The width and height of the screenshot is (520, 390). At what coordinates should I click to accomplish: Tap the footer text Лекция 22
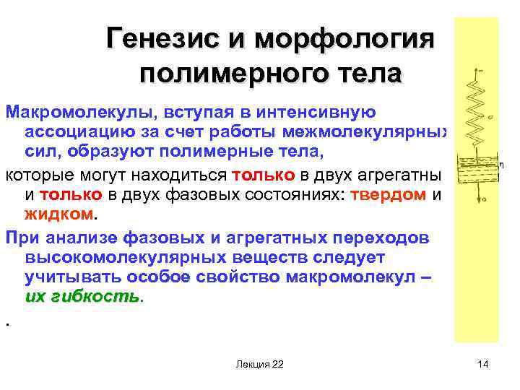[x=259, y=364]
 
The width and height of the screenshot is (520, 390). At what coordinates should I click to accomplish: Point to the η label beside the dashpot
[x=500, y=165]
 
